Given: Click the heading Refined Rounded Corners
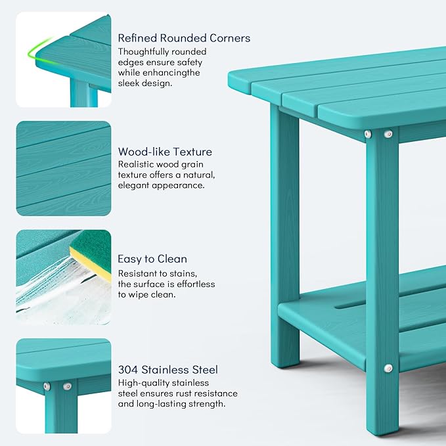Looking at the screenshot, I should [184, 38].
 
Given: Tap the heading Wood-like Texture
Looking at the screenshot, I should [165, 152].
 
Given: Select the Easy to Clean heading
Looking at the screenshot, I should [152, 259].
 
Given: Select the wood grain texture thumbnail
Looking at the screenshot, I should [63, 168].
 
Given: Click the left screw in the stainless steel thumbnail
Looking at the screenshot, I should [47, 386].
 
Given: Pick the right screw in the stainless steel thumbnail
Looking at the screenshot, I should [67, 386].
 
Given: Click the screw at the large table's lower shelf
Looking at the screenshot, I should [388, 368].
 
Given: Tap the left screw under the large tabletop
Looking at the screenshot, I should [368, 134].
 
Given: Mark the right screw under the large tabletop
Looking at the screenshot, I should [388, 134].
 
